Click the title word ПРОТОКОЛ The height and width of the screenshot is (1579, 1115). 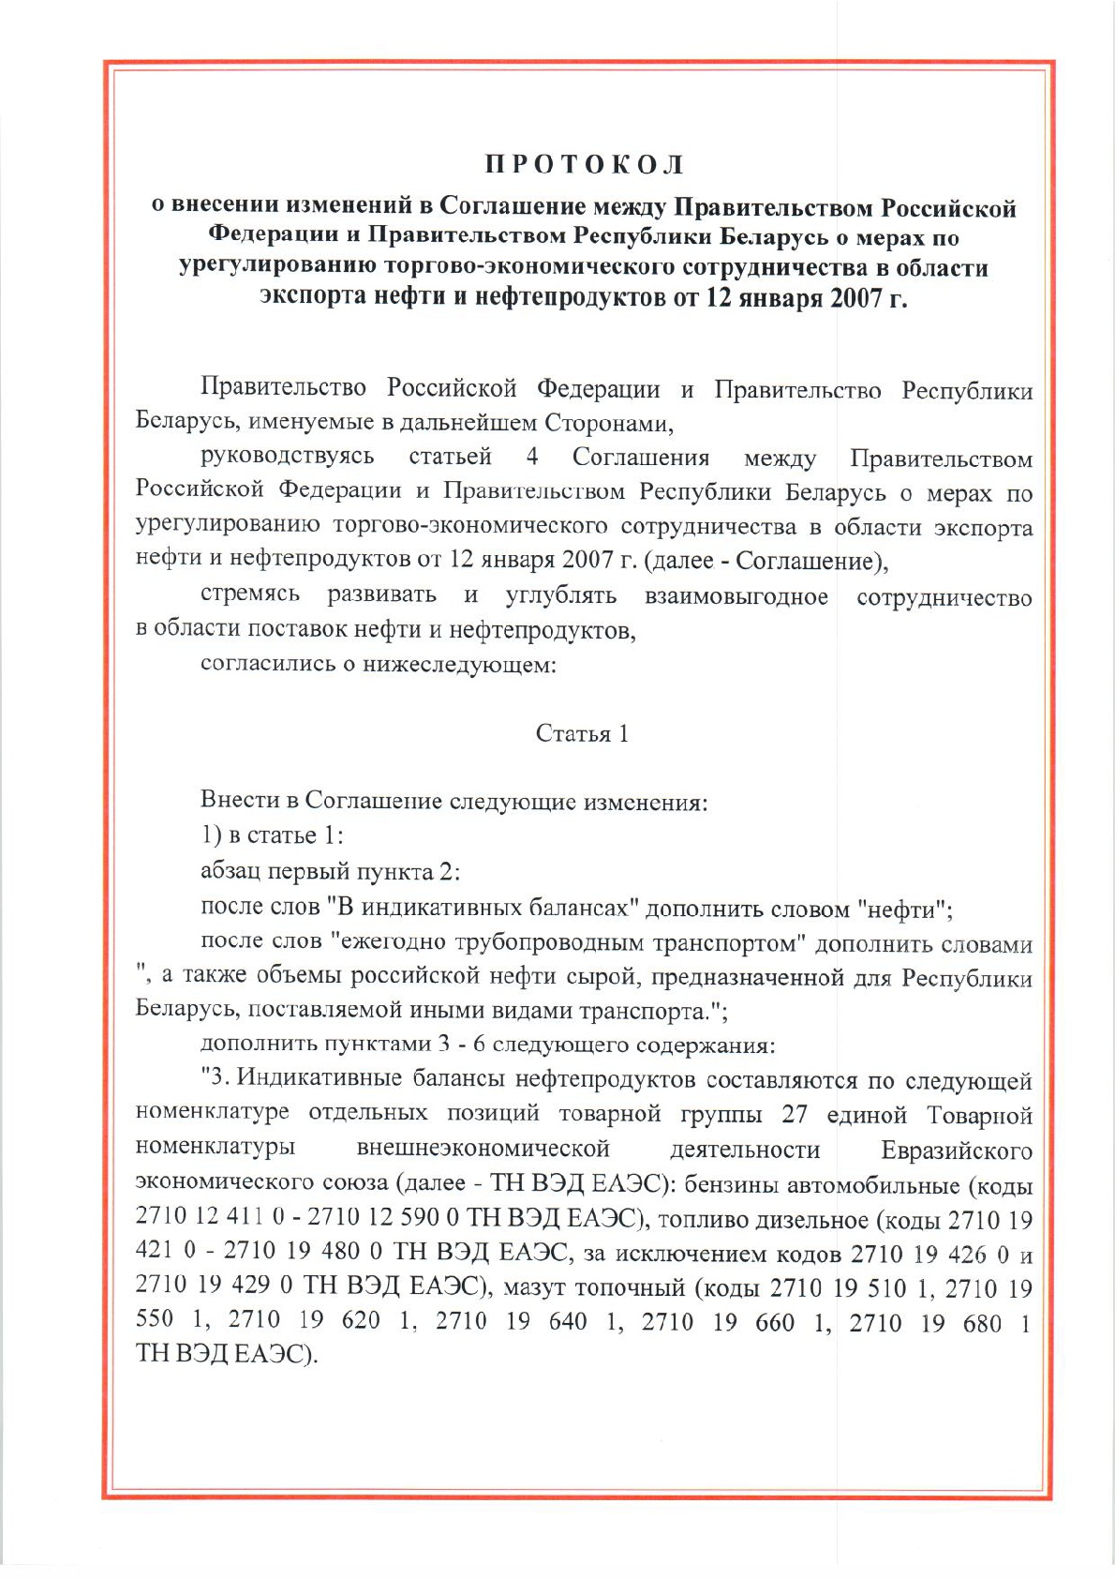pyautogui.click(x=584, y=166)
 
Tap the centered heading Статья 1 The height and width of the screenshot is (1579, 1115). pyautogui.click(x=582, y=733)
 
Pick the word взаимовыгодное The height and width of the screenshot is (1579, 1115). pyautogui.click(x=736, y=596)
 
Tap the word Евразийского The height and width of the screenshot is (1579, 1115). pyautogui.click(x=956, y=1150)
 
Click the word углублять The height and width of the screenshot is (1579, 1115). pyautogui.click(x=560, y=596)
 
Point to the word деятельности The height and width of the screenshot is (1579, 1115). pyautogui.click(x=745, y=1150)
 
